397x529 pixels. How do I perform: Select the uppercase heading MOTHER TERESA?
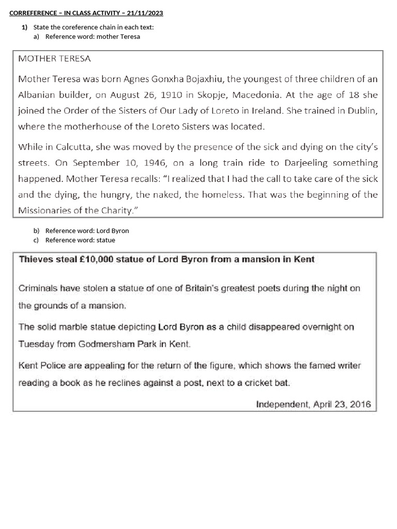(x=54, y=59)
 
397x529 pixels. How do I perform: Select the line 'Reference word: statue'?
(x=80, y=240)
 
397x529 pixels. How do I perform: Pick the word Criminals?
(x=38, y=288)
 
